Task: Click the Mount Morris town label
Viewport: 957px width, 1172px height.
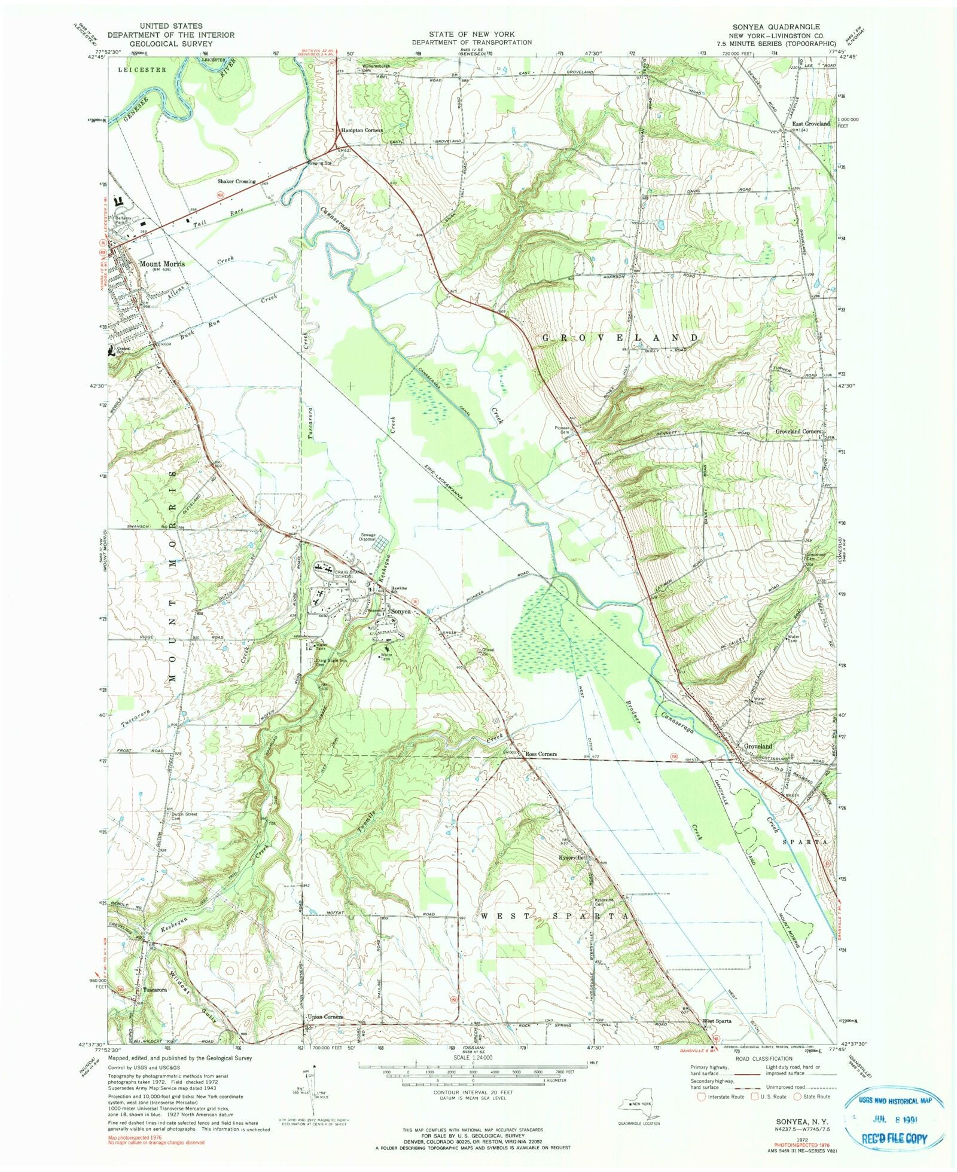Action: tap(161, 263)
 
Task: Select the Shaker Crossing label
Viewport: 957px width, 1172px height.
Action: tap(236, 181)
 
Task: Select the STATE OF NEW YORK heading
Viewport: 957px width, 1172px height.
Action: tap(471, 35)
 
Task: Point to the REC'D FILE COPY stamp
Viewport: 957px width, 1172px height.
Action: tap(894, 1139)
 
